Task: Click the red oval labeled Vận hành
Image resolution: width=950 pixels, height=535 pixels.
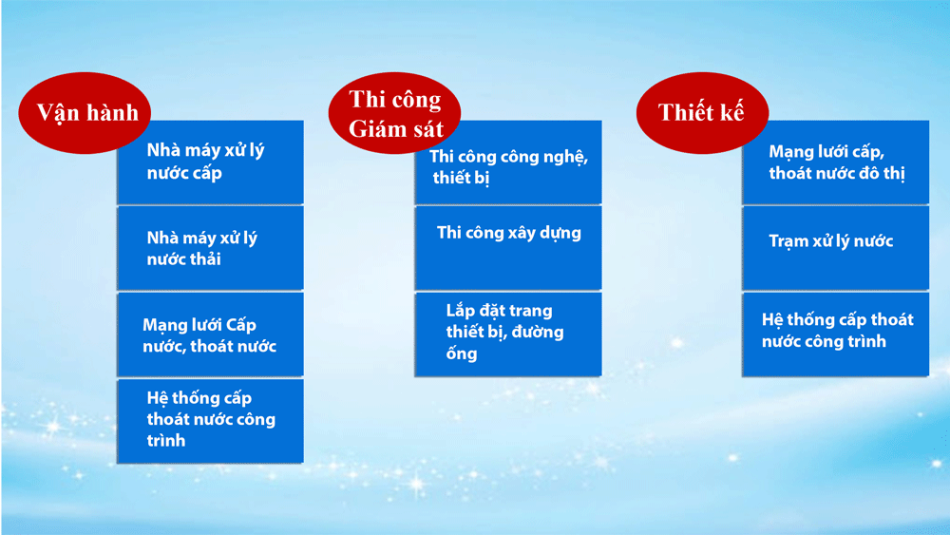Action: tap(85, 113)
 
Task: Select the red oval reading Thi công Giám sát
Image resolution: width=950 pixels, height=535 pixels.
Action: tap(394, 113)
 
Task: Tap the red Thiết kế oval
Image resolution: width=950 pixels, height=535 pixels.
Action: tap(702, 113)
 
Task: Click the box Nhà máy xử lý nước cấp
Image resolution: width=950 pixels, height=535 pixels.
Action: tap(210, 162)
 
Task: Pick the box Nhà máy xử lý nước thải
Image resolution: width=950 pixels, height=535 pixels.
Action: tap(210, 248)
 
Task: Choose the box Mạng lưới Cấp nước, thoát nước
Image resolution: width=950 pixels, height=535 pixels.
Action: tap(210, 334)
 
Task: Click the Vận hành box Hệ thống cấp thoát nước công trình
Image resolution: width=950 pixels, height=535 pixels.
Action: tap(210, 421)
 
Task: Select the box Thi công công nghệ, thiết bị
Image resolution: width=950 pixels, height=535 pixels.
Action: tap(508, 162)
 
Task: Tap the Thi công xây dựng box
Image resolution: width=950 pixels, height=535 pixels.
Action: tap(508, 248)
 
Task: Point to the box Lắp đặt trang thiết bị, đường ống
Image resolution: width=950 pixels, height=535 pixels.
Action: tap(508, 334)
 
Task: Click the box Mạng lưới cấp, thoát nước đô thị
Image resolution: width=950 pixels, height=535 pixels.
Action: tap(835, 162)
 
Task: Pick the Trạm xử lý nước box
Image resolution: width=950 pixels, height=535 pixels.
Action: tap(835, 248)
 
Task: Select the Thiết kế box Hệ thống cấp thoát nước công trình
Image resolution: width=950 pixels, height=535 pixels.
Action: tap(835, 334)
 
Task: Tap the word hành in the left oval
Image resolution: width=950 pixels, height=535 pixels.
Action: tap(111, 113)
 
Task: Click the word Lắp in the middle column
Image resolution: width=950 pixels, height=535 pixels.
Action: tap(460, 312)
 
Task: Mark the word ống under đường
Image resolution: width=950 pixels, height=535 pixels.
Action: tap(462, 353)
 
